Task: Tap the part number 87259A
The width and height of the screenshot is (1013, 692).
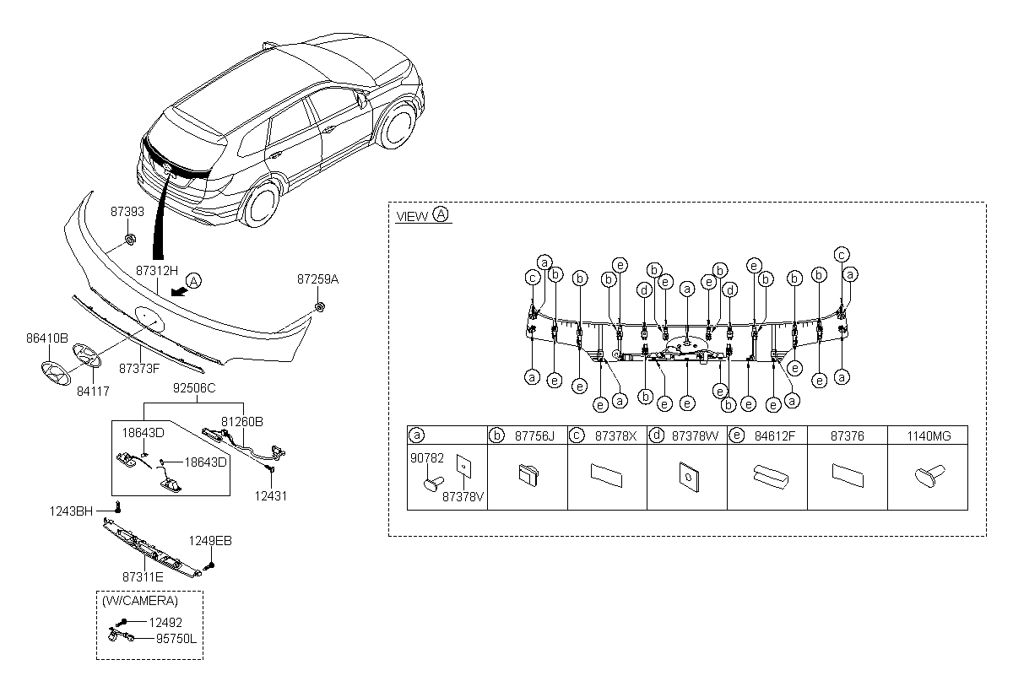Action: tap(317, 278)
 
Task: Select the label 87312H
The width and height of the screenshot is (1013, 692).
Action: tap(157, 271)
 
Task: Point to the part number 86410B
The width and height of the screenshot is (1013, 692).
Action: tap(46, 338)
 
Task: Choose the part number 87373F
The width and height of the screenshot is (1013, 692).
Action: tap(139, 368)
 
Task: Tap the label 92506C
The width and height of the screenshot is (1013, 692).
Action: tap(194, 390)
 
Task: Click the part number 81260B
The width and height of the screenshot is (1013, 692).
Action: tap(242, 420)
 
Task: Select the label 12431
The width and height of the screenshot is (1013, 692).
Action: tap(270, 496)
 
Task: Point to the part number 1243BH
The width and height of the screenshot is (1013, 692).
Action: tap(70, 511)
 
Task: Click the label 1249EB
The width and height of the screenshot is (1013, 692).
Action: tap(209, 541)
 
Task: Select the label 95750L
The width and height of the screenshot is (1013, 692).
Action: tap(175, 639)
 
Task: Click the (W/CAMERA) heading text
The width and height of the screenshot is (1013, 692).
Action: tap(140, 601)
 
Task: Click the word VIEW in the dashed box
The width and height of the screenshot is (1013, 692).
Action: tap(412, 216)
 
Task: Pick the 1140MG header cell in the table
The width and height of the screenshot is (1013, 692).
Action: tap(928, 435)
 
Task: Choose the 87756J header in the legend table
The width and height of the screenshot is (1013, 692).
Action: tap(536, 435)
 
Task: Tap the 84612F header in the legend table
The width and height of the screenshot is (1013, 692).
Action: tap(776, 435)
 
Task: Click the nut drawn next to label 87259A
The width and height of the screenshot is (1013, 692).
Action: tap(320, 306)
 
